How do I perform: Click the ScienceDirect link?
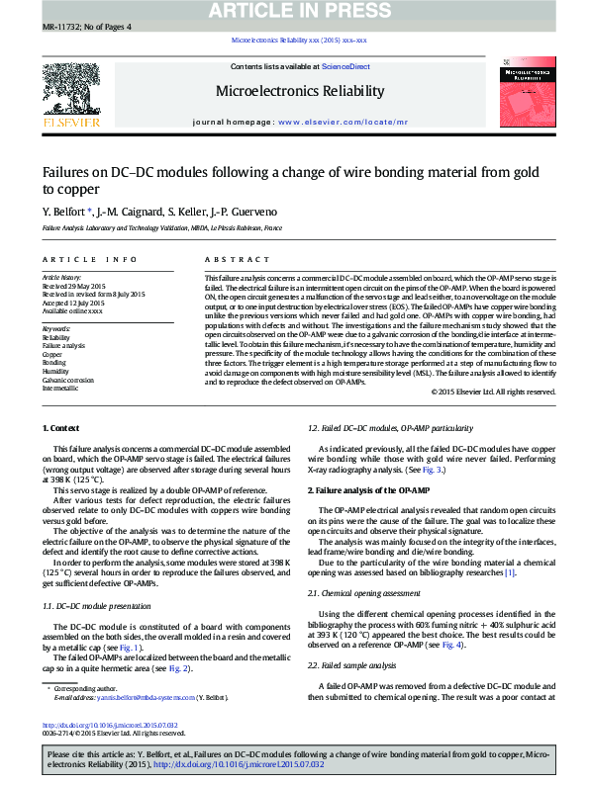point(345,66)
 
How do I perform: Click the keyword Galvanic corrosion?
point(67,380)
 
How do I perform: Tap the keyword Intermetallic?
point(60,389)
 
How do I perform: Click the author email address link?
point(147,697)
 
